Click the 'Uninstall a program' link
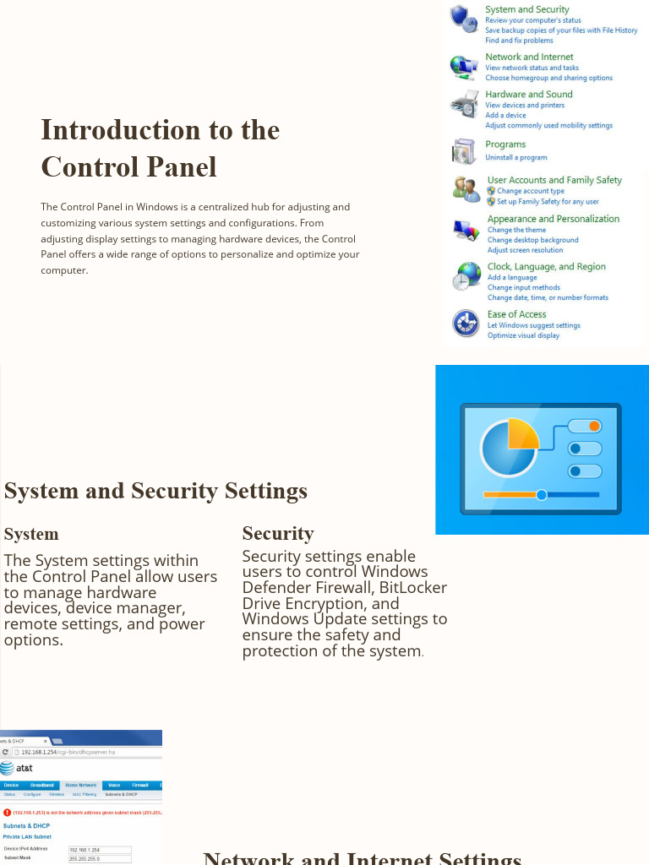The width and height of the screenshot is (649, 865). pyautogui.click(x=515, y=158)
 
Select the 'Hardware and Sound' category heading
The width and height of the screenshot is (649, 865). pyautogui.click(x=528, y=95)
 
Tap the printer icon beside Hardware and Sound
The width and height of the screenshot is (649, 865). pyautogui.click(x=464, y=105)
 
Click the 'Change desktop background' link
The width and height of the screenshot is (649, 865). pyautogui.click(x=532, y=240)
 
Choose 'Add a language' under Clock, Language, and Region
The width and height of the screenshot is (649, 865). pyautogui.click(x=512, y=278)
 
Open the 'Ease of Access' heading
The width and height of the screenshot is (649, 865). pyautogui.click(x=516, y=314)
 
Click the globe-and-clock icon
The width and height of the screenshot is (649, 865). pyautogui.click(x=466, y=276)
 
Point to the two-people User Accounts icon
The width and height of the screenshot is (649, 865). pyautogui.click(x=466, y=188)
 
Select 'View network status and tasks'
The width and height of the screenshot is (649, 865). pyautogui.click(x=532, y=68)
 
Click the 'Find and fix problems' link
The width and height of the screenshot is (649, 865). pyautogui.click(x=519, y=41)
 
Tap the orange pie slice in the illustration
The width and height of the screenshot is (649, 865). pyautogui.click(x=522, y=433)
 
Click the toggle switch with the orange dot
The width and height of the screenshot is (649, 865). pyautogui.click(x=585, y=427)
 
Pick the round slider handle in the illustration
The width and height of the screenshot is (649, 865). pyautogui.click(x=542, y=495)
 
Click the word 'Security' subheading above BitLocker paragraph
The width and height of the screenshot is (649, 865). pyautogui.click(x=277, y=534)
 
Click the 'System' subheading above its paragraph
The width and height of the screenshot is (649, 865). pyautogui.click(x=31, y=535)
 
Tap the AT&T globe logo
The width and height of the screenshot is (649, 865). pyautogui.click(x=6, y=768)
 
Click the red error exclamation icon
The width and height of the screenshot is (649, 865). pyautogui.click(x=7, y=813)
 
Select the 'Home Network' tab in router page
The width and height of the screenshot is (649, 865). pyautogui.click(x=81, y=786)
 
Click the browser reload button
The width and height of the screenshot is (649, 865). pyautogui.click(x=6, y=752)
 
